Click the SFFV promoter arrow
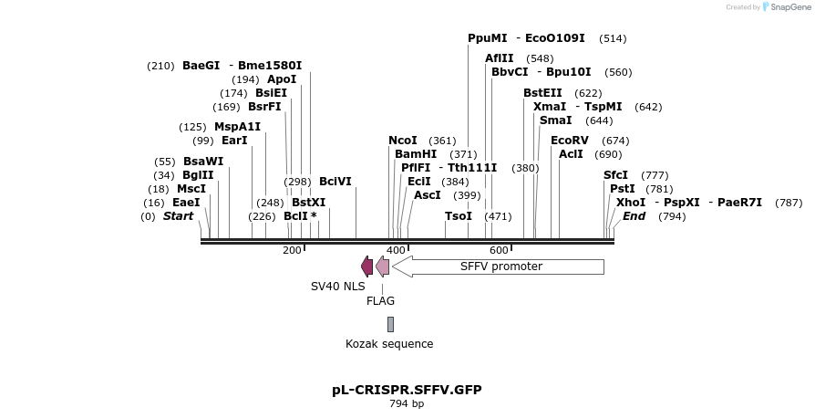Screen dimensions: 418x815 [x=499, y=266]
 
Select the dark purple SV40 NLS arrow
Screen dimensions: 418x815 [x=366, y=266]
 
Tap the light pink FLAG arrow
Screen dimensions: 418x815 [x=382, y=266]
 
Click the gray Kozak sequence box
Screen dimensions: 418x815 [x=390, y=324]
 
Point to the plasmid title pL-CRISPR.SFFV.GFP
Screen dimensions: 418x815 [x=407, y=390]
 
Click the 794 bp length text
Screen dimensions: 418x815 [x=407, y=403]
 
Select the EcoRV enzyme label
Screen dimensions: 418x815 [x=570, y=141]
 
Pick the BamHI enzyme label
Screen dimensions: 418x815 [x=416, y=154]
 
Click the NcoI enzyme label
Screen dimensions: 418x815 [x=403, y=141]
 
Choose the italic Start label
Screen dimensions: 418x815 [x=178, y=216]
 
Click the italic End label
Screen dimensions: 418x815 [x=634, y=216]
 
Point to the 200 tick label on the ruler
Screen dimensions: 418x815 [x=292, y=250]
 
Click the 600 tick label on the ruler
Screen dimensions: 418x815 [x=499, y=250]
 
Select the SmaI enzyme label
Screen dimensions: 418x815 [x=556, y=120]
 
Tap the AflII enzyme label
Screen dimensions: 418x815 [x=499, y=58]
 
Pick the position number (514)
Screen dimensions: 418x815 [x=613, y=38]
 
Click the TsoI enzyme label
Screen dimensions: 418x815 [x=459, y=216]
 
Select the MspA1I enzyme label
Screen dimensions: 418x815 [x=237, y=127]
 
